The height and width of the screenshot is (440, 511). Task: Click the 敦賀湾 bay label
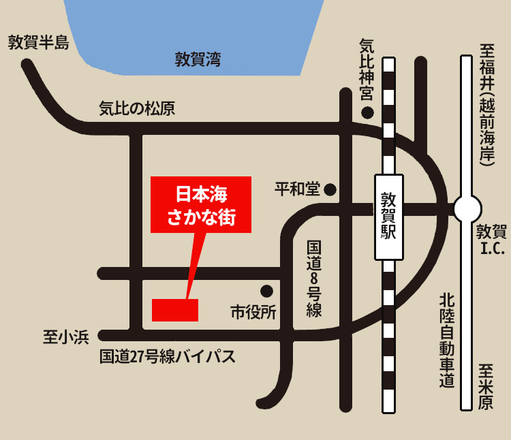pyautogui.click(x=198, y=59)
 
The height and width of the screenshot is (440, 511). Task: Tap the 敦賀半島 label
pyautogui.click(x=39, y=43)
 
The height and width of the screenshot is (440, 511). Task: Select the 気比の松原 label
pyautogui.click(x=137, y=108)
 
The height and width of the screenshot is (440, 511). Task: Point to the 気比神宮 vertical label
pyautogui.click(x=367, y=68)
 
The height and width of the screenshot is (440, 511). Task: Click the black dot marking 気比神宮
pyautogui.click(x=368, y=112)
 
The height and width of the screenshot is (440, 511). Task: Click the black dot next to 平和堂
pyautogui.click(x=330, y=189)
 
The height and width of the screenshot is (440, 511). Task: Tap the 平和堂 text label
pyautogui.click(x=297, y=189)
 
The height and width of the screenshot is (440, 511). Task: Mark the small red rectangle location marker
pyautogui.click(x=175, y=310)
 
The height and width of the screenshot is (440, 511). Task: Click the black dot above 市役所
pyautogui.click(x=266, y=291)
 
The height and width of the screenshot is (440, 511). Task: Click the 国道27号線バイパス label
pyautogui.click(x=168, y=356)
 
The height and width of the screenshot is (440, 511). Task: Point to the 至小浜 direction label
pyautogui.click(x=66, y=336)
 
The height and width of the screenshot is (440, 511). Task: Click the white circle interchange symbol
pyautogui.click(x=467, y=208)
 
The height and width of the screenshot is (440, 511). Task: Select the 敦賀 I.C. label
pyautogui.click(x=491, y=239)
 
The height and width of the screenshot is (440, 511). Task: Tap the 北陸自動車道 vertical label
pyautogui.click(x=446, y=341)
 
